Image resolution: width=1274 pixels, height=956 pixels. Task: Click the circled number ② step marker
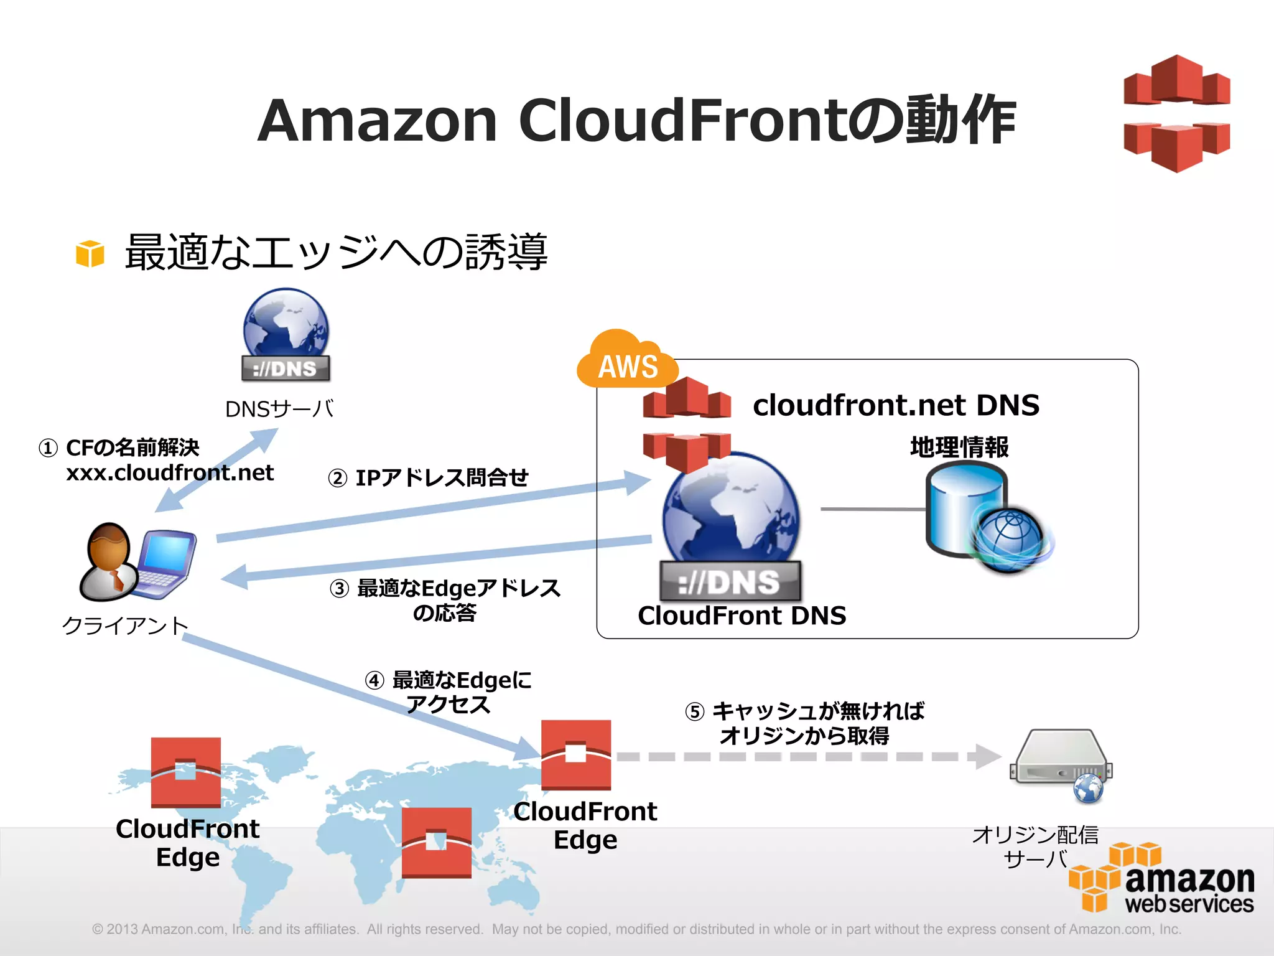click(x=337, y=479)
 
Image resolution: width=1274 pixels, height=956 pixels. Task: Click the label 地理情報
click(x=959, y=447)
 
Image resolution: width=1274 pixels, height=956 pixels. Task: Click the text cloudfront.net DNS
click(x=896, y=405)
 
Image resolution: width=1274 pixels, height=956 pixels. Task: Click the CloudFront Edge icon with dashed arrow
click(x=575, y=754)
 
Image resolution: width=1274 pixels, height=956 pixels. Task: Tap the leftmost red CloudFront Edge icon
click(x=185, y=772)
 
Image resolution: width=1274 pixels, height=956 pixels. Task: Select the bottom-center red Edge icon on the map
click(x=436, y=842)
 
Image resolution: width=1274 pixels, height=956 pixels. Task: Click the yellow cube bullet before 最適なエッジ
click(x=90, y=253)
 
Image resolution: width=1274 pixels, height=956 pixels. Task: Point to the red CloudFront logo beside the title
click(x=1176, y=113)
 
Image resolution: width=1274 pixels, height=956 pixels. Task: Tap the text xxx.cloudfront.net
click(x=169, y=473)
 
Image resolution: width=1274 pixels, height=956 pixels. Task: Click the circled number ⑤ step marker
click(x=694, y=711)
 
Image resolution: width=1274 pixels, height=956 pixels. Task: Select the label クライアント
click(x=125, y=626)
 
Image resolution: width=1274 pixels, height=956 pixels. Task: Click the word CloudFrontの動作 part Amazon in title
click(x=377, y=120)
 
